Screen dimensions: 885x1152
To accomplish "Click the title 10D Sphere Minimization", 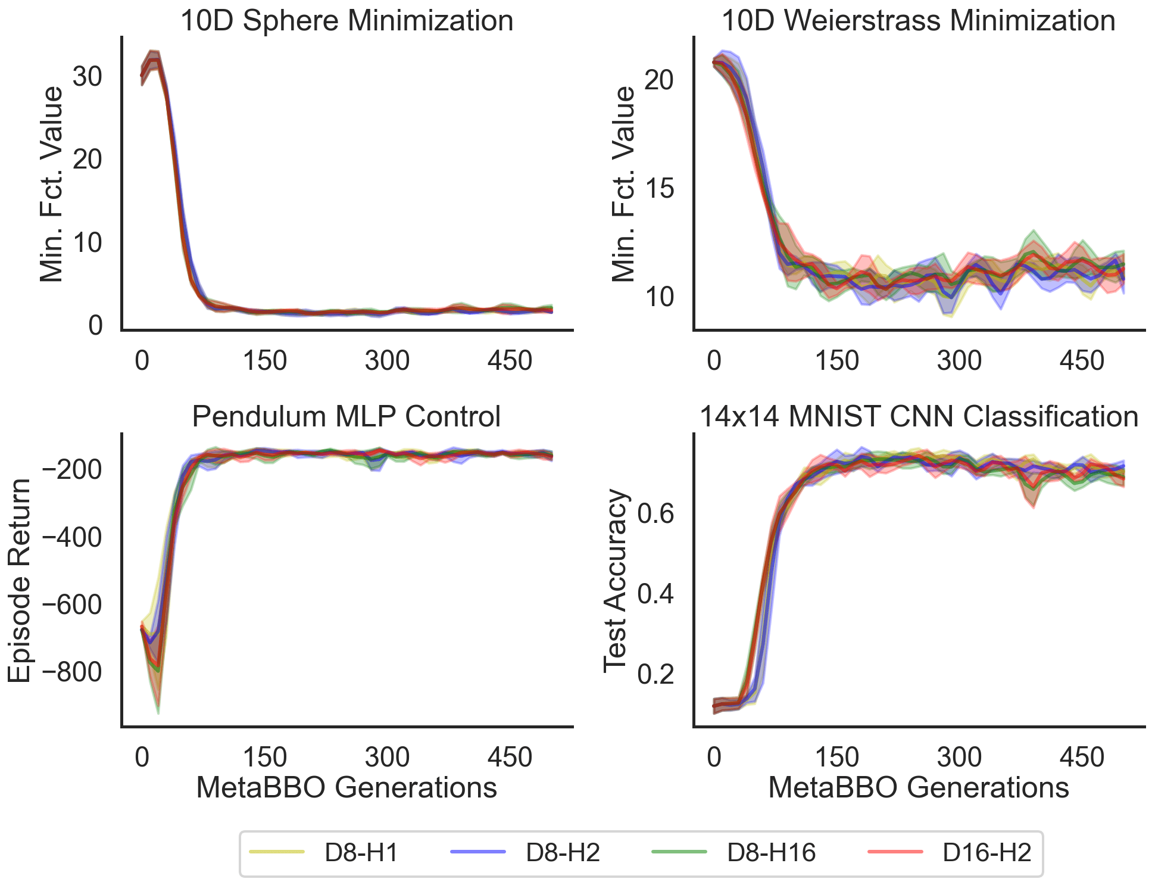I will pyautogui.click(x=346, y=21).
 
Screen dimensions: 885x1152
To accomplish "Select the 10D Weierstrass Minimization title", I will pyautogui.click(x=918, y=21).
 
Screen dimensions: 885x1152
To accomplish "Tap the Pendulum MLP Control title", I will pyautogui.click(x=346, y=416).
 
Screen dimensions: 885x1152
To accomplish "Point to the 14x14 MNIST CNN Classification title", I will pyautogui.click(x=918, y=416).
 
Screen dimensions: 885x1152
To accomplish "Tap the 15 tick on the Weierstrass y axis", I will pyautogui.click(x=660, y=189).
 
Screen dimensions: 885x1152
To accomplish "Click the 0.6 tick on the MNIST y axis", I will pyautogui.click(x=655, y=513).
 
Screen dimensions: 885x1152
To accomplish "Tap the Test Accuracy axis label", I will pyautogui.click(x=616, y=581).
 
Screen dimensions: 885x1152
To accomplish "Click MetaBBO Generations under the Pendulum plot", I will pyautogui.click(x=346, y=787).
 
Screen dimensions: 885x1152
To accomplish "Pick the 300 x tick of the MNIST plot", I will pyautogui.click(x=959, y=757).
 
